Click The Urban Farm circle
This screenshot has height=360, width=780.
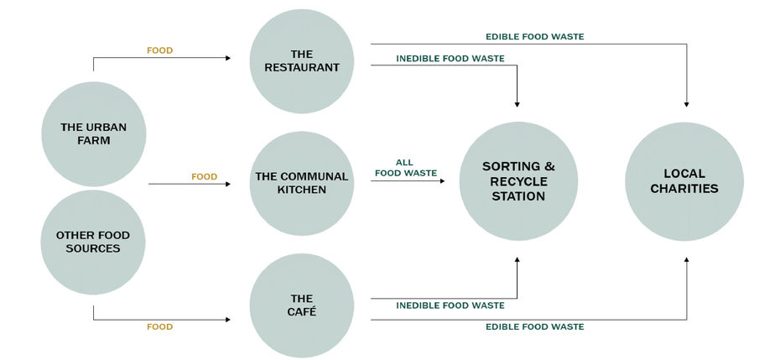tap(93, 134)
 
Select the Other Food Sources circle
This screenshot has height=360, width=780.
tap(93, 242)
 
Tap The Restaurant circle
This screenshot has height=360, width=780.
tap(302, 61)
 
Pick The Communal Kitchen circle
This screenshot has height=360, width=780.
tap(302, 183)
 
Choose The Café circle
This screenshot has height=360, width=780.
tap(302, 305)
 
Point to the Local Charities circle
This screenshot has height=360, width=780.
tap(684, 182)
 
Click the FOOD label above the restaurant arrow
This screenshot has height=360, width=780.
tap(159, 50)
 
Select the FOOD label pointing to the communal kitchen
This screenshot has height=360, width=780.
tap(204, 177)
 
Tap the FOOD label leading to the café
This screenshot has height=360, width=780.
tap(159, 327)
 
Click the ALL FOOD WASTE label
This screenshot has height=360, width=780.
tap(405, 168)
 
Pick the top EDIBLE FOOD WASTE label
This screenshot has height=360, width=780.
tap(535, 37)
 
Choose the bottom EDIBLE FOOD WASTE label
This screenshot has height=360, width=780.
tap(535, 326)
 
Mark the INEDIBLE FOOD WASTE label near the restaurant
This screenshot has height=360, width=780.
tap(450, 57)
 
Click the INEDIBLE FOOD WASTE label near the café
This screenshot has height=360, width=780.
tap(450, 305)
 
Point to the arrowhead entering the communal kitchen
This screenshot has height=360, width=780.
tap(227, 183)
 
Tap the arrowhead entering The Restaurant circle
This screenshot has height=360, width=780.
tap(227, 58)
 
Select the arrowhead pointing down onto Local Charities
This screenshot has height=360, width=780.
tap(686, 104)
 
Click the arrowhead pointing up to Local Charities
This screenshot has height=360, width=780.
tap(686, 260)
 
